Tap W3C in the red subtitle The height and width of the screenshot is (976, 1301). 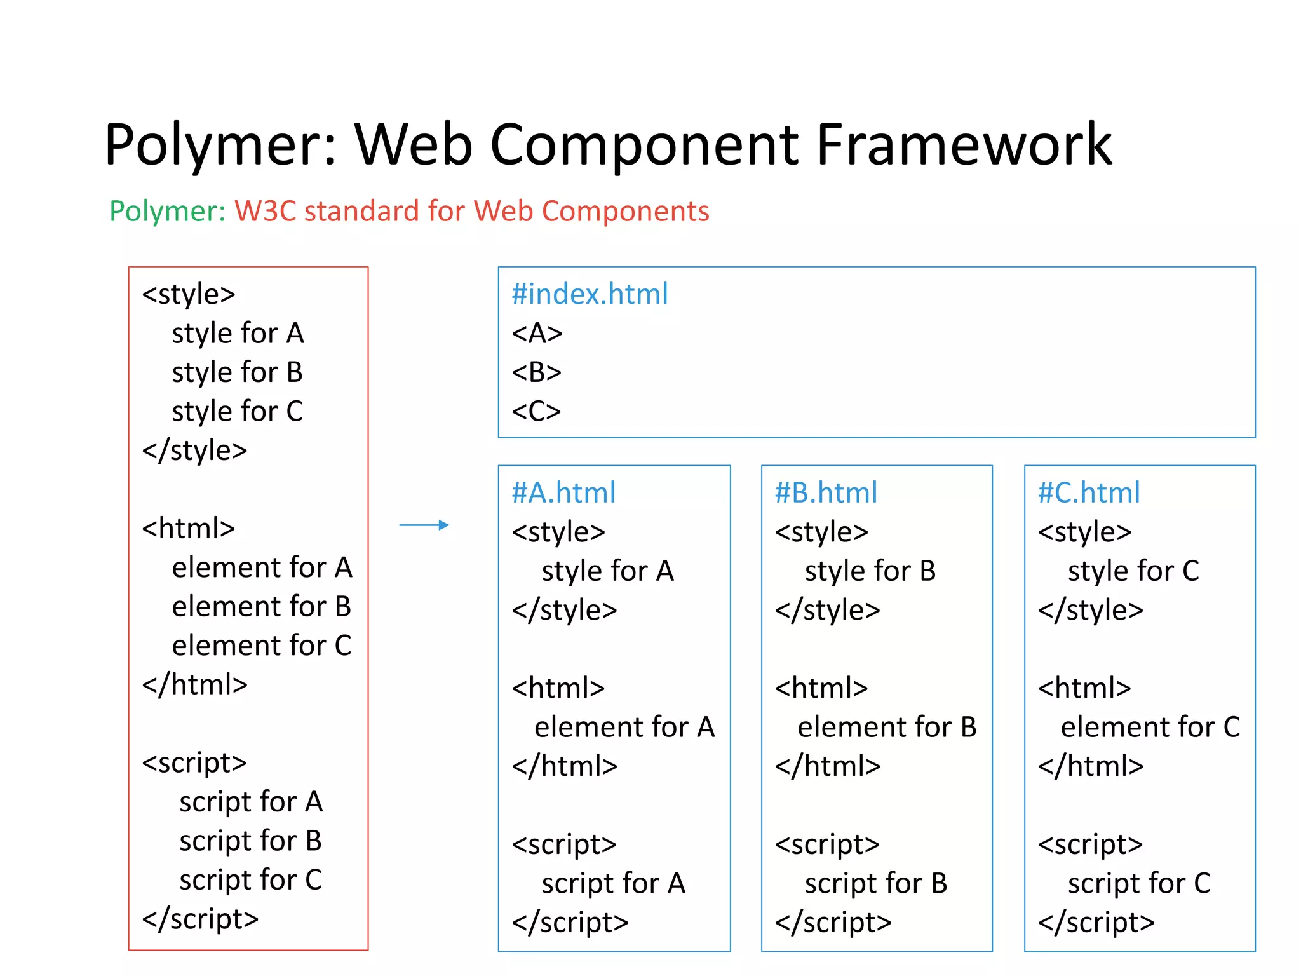[x=265, y=211]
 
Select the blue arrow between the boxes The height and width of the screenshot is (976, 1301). [x=424, y=525]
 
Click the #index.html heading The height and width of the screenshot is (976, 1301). [x=590, y=294]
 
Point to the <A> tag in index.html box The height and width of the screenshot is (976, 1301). [x=537, y=333]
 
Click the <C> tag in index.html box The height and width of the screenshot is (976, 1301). [x=536, y=411]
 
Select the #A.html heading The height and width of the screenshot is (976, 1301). [x=563, y=493]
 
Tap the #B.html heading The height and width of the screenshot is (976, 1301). [x=826, y=493]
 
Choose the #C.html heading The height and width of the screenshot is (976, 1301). [x=1089, y=493]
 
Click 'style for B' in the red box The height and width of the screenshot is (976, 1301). [x=237, y=372]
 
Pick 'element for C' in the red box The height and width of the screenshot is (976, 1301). [x=261, y=646]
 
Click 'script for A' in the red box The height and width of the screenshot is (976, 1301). [x=251, y=802]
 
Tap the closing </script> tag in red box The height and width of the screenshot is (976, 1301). [x=200, y=919]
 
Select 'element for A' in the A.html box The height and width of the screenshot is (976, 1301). [x=624, y=727]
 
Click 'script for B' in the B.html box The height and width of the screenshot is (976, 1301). [x=875, y=883]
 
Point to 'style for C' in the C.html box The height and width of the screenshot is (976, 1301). [x=1133, y=571]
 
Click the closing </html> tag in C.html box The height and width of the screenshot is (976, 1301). [x=1090, y=766]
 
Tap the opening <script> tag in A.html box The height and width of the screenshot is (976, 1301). [x=564, y=844]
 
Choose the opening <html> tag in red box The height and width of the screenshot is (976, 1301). [x=188, y=528]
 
